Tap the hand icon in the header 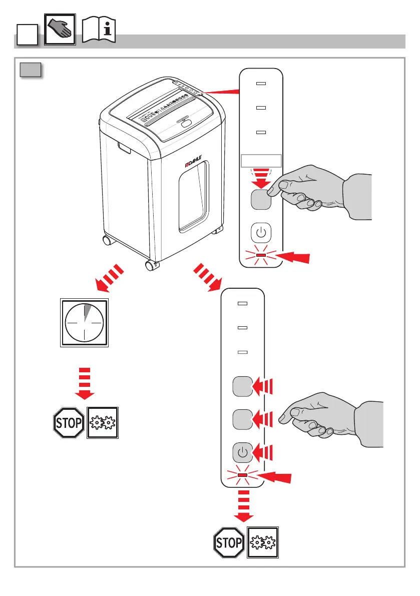coord(60,31)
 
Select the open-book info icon coord(98,31)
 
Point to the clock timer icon coord(85,323)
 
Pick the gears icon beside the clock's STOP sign coord(103,423)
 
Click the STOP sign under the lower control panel coord(229,542)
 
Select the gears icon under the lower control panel coord(263,542)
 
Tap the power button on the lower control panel coord(242,452)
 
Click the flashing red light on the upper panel coord(261,256)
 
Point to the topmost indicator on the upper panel coord(260,84)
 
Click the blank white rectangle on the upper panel coord(261,160)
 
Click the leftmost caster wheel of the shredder coord(107,241)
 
